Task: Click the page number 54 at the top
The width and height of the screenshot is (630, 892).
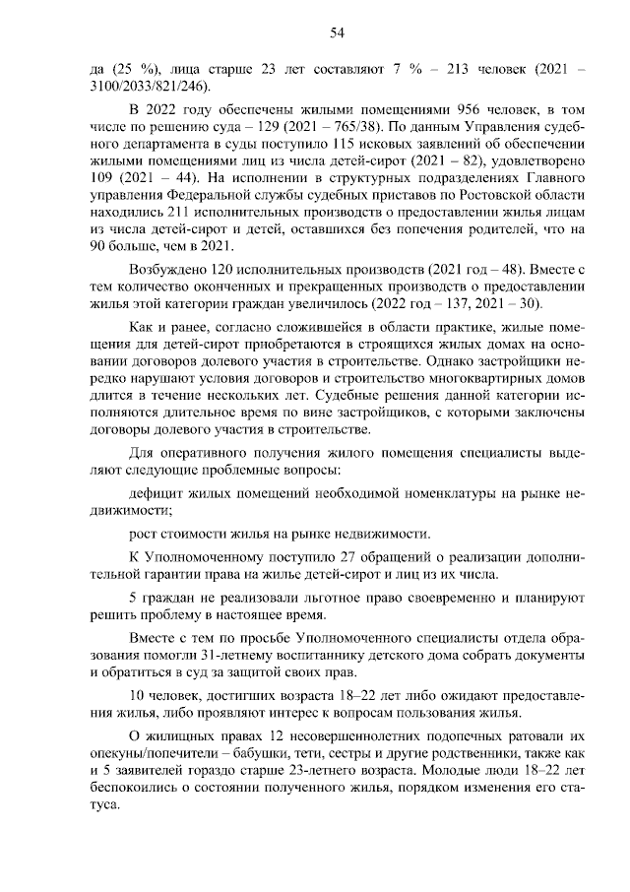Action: tap(336, 33)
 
